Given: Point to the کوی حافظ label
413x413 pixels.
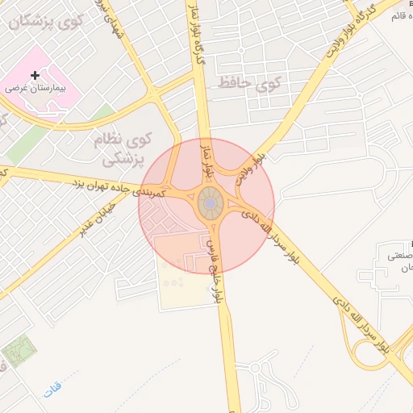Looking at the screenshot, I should [x=248, y=82].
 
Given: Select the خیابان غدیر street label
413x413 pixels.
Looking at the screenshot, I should [x=98, y=219].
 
